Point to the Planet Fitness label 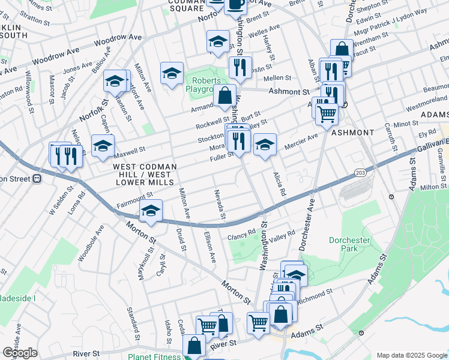[x=154, y=356]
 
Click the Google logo [x=20, y=353]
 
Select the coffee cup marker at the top [x=236, y=4]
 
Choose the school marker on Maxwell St [x=103, y=145]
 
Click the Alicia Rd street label [x=280, y=186]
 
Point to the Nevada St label [x=219, y=204]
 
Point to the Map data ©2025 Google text [x=411, y=355]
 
